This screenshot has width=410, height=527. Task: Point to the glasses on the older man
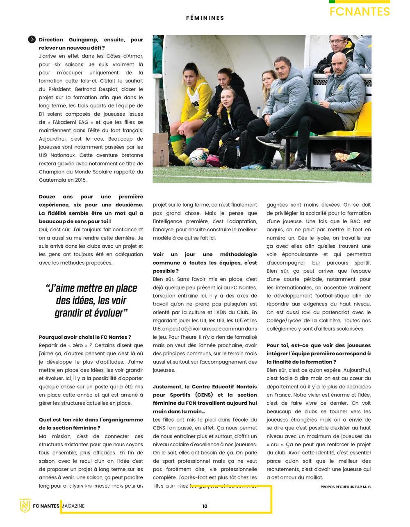337,41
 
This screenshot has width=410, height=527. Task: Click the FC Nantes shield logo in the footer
25,506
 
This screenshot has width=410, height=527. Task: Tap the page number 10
205,506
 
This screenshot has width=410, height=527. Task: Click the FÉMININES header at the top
205,18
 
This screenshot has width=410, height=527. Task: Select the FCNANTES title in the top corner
360,12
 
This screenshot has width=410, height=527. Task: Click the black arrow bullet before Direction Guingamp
32,39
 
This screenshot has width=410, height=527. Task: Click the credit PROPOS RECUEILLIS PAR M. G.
346,487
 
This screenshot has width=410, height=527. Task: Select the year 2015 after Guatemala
81,180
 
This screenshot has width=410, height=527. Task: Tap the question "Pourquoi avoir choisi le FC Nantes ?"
85,337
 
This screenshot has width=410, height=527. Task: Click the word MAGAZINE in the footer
73,506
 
